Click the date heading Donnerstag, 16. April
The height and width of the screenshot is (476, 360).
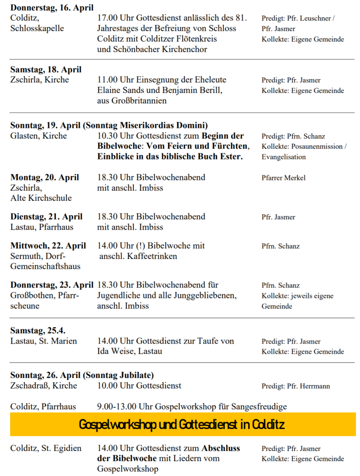pos(52,8)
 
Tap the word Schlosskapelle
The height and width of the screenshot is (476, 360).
pos(37,28)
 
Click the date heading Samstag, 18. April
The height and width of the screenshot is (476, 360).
pos(46,70)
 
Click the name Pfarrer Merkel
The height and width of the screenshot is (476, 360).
pos(283,178)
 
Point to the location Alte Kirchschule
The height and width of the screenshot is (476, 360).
pos(41,198)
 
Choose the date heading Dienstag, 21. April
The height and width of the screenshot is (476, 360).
pos(46,217)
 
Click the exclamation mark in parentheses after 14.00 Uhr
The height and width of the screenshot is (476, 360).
pos(130,246)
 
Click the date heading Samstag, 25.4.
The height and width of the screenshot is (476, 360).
pos(38,331)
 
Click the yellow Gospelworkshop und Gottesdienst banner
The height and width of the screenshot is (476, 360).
pos(183,424)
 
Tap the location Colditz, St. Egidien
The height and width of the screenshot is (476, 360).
pos(46,449)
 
